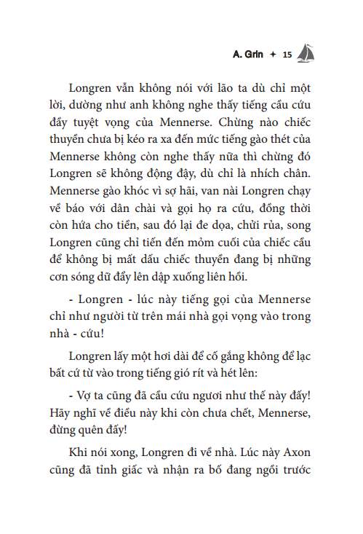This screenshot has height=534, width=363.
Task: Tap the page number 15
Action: (x=286, y=55)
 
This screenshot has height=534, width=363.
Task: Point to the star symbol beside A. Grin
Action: (x=271, y=55)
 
